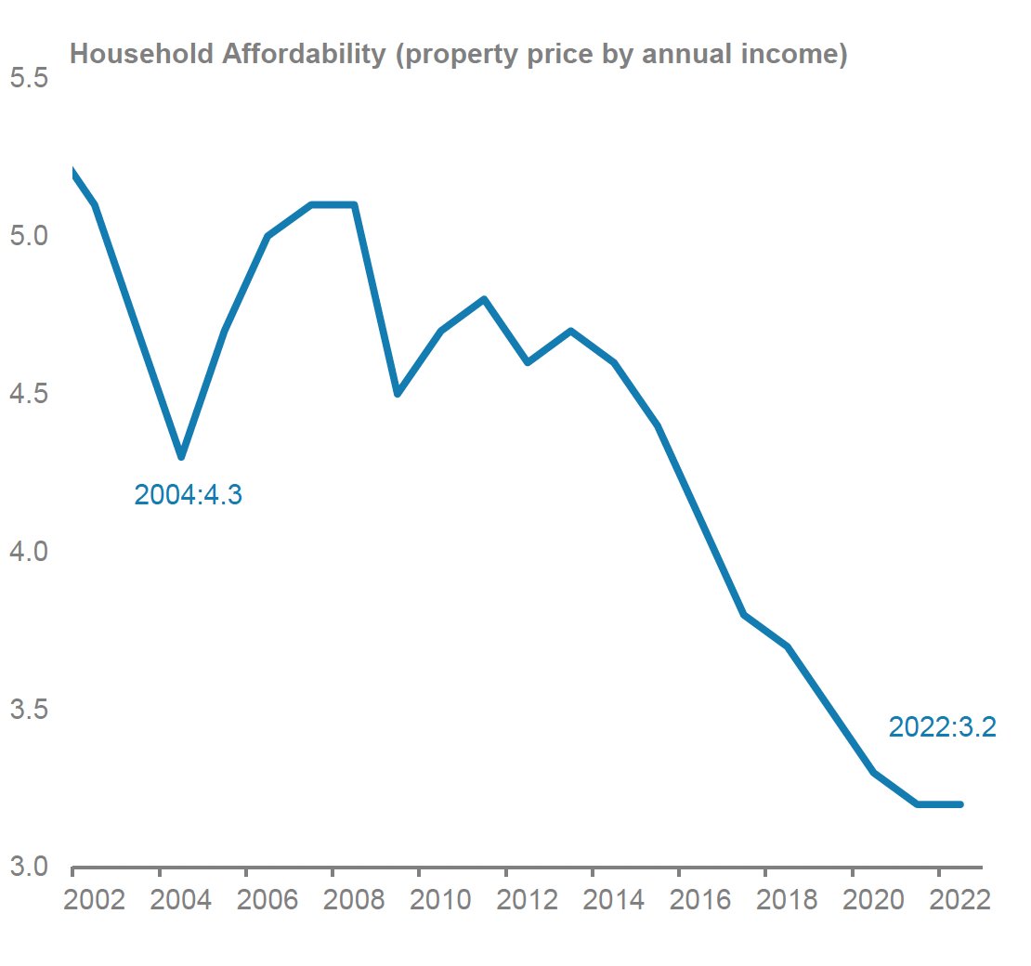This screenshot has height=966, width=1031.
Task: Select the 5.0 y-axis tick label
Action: click(x=28, y=236)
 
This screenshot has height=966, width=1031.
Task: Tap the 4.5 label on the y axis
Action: click(x=28, y=394)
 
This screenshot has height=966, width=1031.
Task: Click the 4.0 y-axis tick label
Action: click(x=28, y=552)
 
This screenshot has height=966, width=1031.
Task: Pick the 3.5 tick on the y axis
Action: click(x=28, y=710)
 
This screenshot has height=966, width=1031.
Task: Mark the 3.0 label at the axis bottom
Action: click(x=28, y=868)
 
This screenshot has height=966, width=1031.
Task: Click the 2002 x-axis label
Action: click(x=93, y=901)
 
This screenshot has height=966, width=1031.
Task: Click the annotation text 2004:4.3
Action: click(x=188, y=495)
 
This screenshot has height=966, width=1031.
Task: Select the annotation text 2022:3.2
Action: click(x=942, y=727)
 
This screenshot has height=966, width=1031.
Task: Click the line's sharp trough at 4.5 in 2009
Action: click(x=398, y=394)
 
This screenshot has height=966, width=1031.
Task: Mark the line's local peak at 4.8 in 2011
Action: click(x=484, y=299)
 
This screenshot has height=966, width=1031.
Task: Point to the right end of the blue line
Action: click(x=960, y=804)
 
